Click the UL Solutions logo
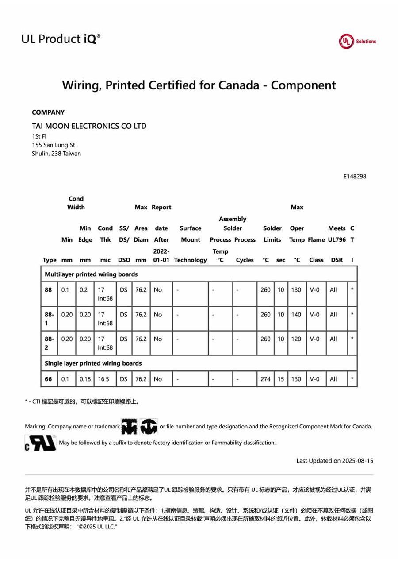click(x=357, y=41)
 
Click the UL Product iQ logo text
click(x=61, y=39)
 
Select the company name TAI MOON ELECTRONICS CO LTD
click(x=89, y=126)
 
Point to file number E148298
click(x=355, y=176)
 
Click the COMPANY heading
click(x=48, y=112)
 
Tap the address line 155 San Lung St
click(x=54, y=145)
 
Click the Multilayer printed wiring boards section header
click(x=91, y=274)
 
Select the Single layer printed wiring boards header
click(x=93, y=363)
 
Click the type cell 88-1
click(x=49, y=319)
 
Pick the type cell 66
click(x=48, y=379)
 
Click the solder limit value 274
click(x=265, y=379)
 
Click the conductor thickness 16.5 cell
click(x=104, y=379)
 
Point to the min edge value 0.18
click(x=85, y=379)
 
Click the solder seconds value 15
click(x=281, y=379)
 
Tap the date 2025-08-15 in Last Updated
click(x=358, y=461)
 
